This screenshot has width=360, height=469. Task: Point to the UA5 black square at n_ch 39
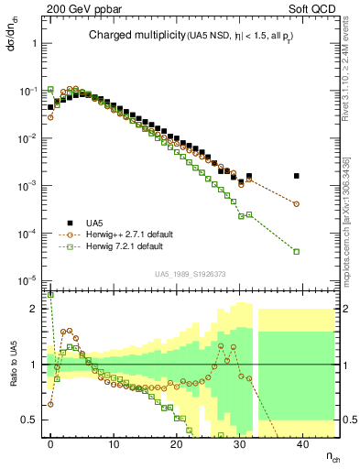(x=296, y=176)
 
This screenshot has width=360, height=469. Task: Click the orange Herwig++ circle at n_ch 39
(x=296, y=203)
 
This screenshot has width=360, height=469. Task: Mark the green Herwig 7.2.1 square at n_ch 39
(x=296, y=251)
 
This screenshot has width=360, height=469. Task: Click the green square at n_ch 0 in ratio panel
(x=50, y=296)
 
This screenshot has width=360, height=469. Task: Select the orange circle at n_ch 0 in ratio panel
(x=50, y=404)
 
